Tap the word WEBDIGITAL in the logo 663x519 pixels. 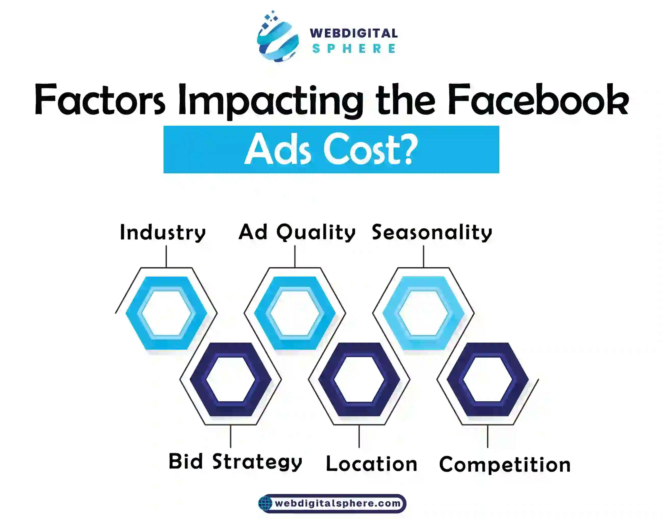tap(354, 33)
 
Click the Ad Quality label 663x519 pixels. tap(297, 233)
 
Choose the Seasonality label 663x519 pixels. tap(432, 233)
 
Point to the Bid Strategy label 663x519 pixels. tap(235, 462)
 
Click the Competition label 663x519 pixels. tap(505, 465)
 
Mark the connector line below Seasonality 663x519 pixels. tap(424, 256)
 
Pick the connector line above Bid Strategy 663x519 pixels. tap(231, 436)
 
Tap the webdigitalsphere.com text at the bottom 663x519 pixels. tap(338, 503)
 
